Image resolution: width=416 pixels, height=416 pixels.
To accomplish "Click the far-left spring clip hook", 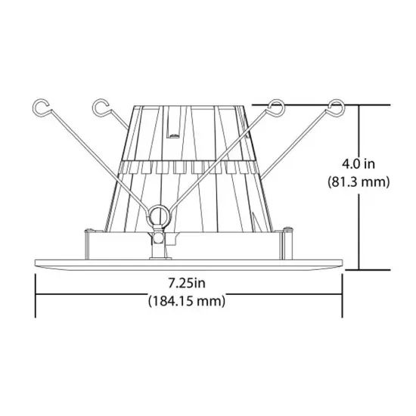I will pos(42,107).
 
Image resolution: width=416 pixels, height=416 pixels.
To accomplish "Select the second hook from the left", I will pos(99,107).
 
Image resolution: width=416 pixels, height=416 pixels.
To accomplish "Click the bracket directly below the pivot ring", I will pos(160,241).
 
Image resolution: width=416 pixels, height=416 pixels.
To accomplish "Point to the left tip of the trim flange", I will pos(36,264).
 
